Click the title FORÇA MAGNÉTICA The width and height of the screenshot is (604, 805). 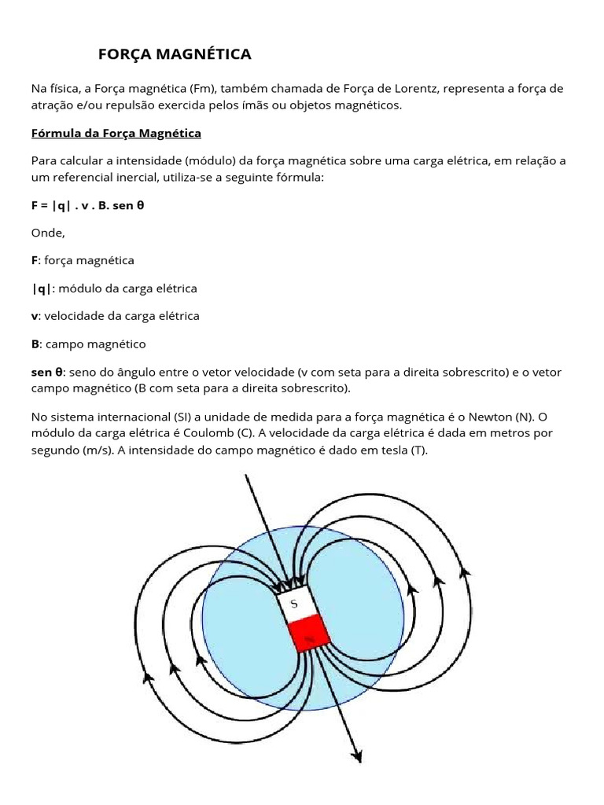click(174, 54)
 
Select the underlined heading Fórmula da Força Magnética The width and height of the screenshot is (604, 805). click(116, 133)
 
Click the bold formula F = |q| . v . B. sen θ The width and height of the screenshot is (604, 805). click(88, 206)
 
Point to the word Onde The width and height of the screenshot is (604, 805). click(47, 233)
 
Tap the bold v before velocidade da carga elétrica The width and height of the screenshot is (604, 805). click(35, 316)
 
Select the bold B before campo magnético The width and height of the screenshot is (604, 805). click(35, 344)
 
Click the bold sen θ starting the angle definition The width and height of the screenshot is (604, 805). click(47, 372)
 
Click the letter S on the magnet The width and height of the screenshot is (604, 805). click(293, 604)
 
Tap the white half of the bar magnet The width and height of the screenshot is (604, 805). click(296, 605)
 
